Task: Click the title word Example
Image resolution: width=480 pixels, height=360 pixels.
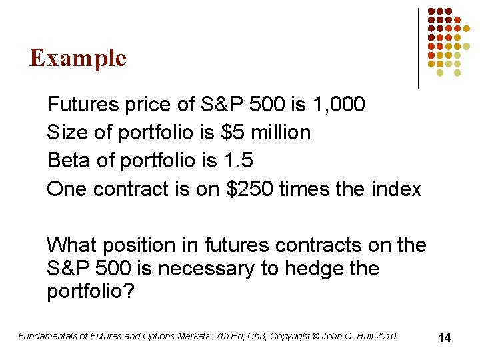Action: click(x=78, y=58)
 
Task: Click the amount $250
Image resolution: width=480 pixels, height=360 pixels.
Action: click(x=251, y=189)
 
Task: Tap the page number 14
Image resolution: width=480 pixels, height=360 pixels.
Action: click(x=444, y=338)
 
